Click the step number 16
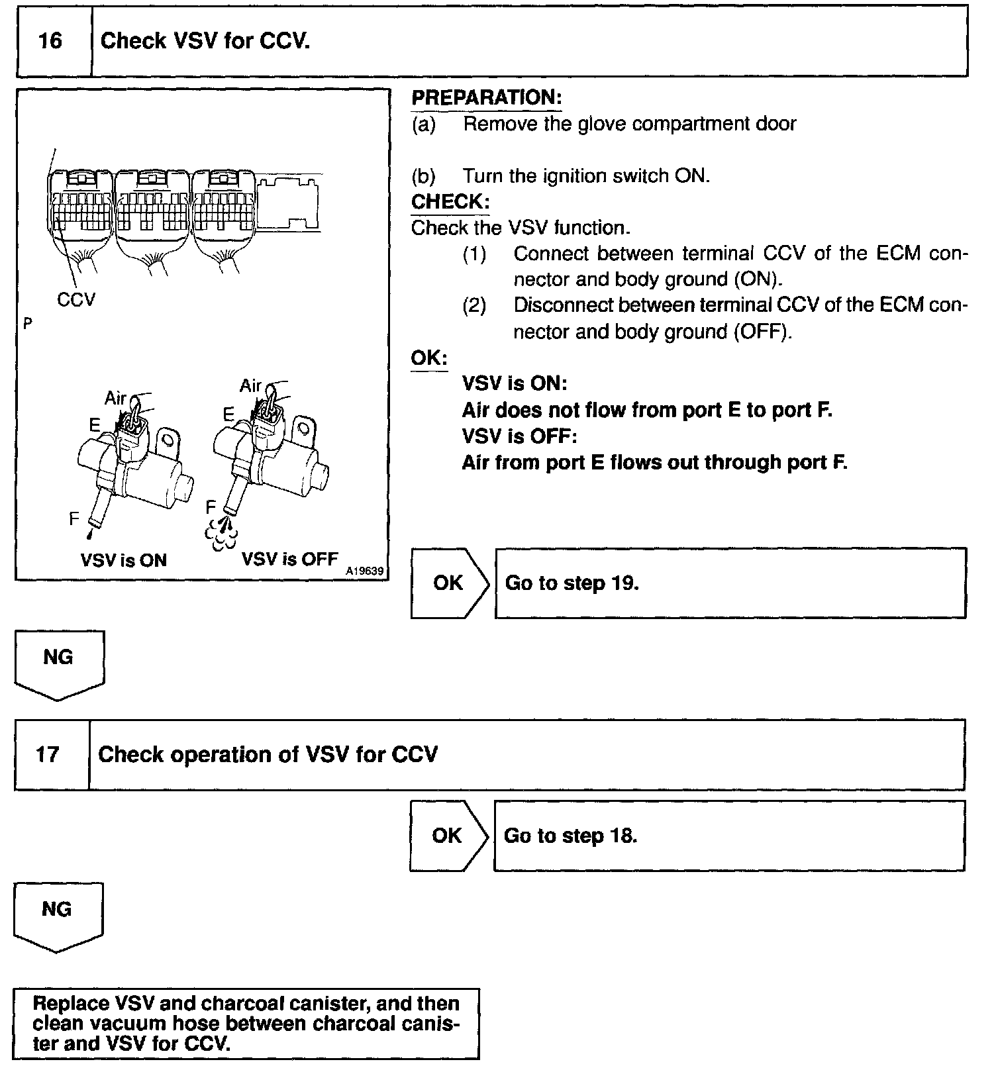pos(50,41)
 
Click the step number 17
pos(48,754)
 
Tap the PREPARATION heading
pos(487,98)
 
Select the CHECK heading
pos(450,201)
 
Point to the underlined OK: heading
pos(429,358)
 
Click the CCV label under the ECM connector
pos(76,300)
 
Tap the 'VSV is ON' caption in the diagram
pos(123,560)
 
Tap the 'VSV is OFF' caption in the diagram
pos(289,559)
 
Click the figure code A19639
pos(365,571)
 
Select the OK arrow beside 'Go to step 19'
pos(448,583)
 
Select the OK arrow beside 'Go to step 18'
pos(447,835)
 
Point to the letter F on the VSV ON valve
pos(74,518)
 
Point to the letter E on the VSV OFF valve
pos(228,415)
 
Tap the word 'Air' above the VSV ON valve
pos(115,398)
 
